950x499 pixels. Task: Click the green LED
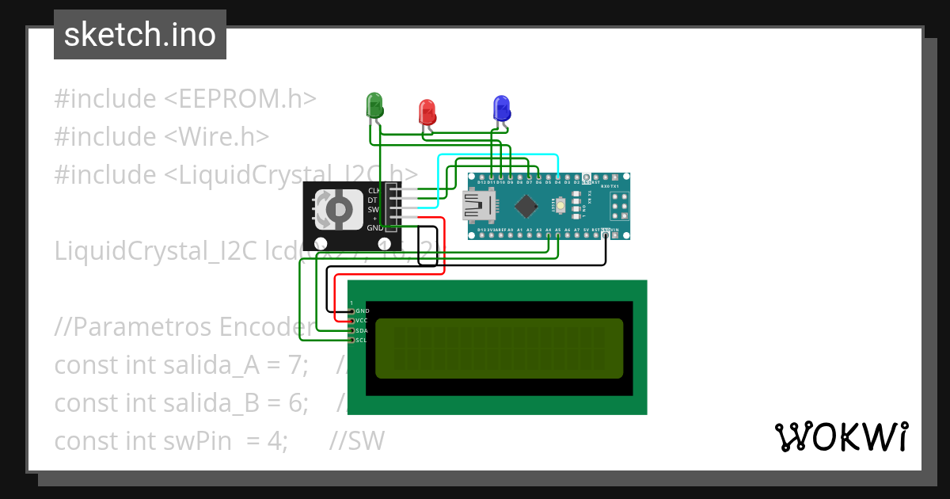tap(374, 105)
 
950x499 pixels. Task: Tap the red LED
tap(427, 111)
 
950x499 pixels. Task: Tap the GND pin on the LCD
tap(351, 311)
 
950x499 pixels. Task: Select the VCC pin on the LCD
tap(351, 321)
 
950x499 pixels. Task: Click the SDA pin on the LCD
tap(351, 330)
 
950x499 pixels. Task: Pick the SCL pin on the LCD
tap(351, 340)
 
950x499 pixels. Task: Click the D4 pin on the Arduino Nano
tap(558, 177)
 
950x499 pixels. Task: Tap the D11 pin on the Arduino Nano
tap(492, 177)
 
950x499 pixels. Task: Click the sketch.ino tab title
tap(139, 35)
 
